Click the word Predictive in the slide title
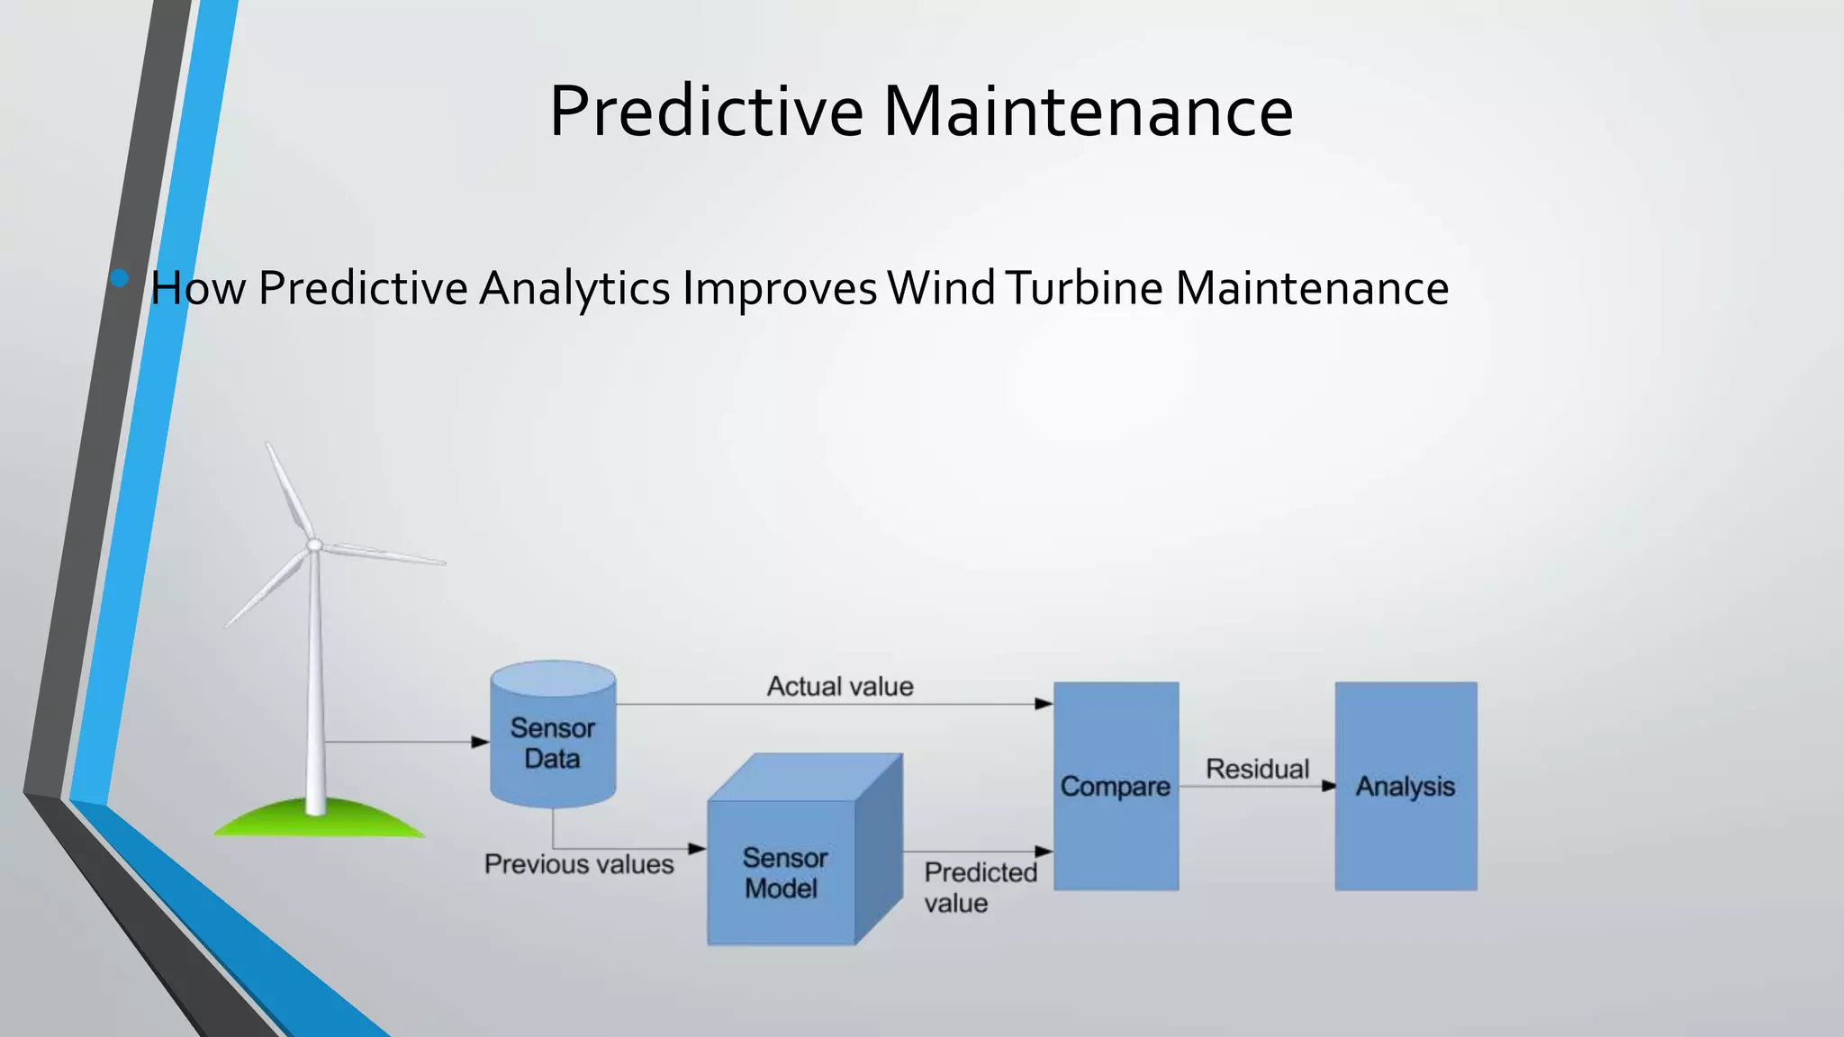pyautogui.click(x=707, y=111)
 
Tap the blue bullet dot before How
pyautogui.click(x=120, y=278)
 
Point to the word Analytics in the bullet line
pyautogui.click(x=574, y=288)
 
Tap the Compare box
pyautogui.click(x=1116, y=786)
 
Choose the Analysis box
pyautogui.click(x=1406, y=786)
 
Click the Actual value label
pyautogui.click(x=840, y=687)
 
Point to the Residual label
pyautogui.click(x=1257, y=769)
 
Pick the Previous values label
pyautogui.click(x=579, y=864)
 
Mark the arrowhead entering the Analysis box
pyautogui.click(x=1328, y=786)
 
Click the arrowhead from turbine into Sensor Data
pyautogui.click(x=481, y=742)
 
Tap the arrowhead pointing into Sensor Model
pyautogui.click(x=698, y=848)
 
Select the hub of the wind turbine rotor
pyautogui.click(x=315, y=545)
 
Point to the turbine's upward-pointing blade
pyautogui.click(x=288, y=491)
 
